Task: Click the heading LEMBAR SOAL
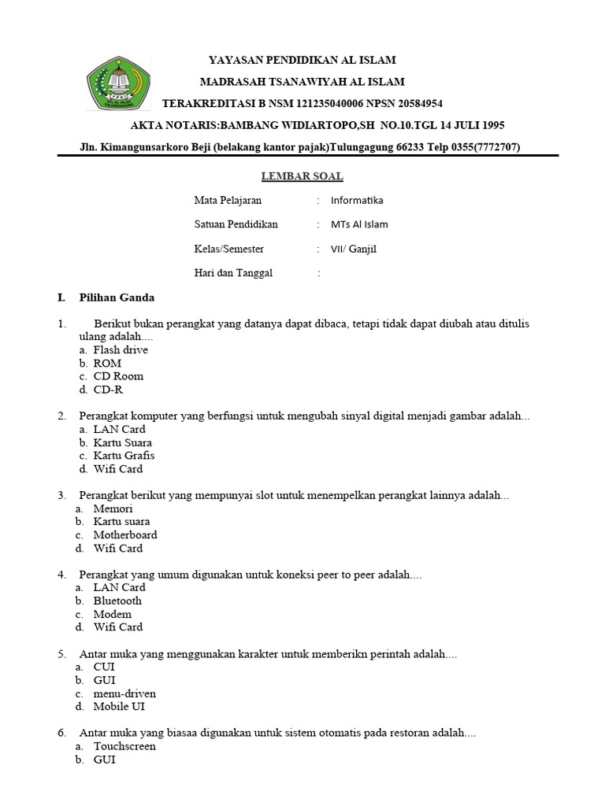click(x=302, y=176)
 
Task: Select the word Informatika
click(x=357, y=201)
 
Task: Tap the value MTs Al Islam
click(x=359, y=224)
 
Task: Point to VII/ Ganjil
click(x=354, y=249)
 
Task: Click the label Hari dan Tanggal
click(x=233, y=273)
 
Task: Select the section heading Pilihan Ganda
click(x=117, y=298)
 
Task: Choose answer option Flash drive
click(x=120, y=349)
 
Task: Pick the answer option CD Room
click(x=118, y=376)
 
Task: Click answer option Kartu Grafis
click(x=124, y=456)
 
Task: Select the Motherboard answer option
click(x=125, y=535)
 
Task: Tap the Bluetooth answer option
click(x=117, y=601)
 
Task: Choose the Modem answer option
click(x=112, y=614)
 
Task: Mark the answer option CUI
click(x=104, y=667)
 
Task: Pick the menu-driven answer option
click(x=124, y=693)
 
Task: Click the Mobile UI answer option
click(x=119, y=707)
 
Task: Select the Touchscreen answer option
click(x=124, y=746)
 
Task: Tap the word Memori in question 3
click(x=113, y=508)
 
